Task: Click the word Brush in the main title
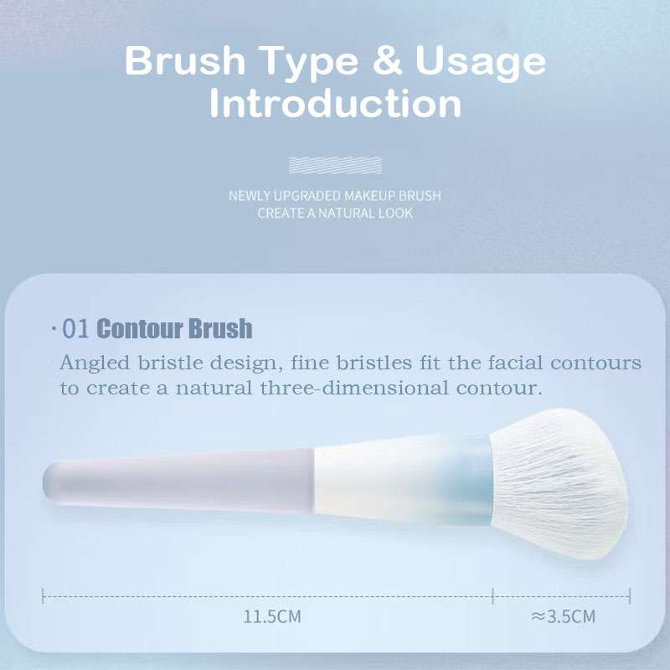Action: click(x=185, y=60)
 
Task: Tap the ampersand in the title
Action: click(x=387, y=60)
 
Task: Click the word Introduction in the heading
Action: click(x=336, y=103)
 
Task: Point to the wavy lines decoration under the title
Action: click(x=335, y=165)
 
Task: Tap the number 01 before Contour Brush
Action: click(x=75, y=328)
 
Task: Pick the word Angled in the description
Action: click(x=95, y=364)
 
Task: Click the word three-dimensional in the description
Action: click(x=354, y=388)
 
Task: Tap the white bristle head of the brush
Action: click(x=559, y=483)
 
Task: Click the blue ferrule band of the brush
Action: click(x=469, y=481)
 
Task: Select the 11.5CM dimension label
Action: click(x=272, y=616)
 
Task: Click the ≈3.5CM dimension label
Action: click(x=563, y=616)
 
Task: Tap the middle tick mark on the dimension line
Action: click(x=492, y=596)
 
